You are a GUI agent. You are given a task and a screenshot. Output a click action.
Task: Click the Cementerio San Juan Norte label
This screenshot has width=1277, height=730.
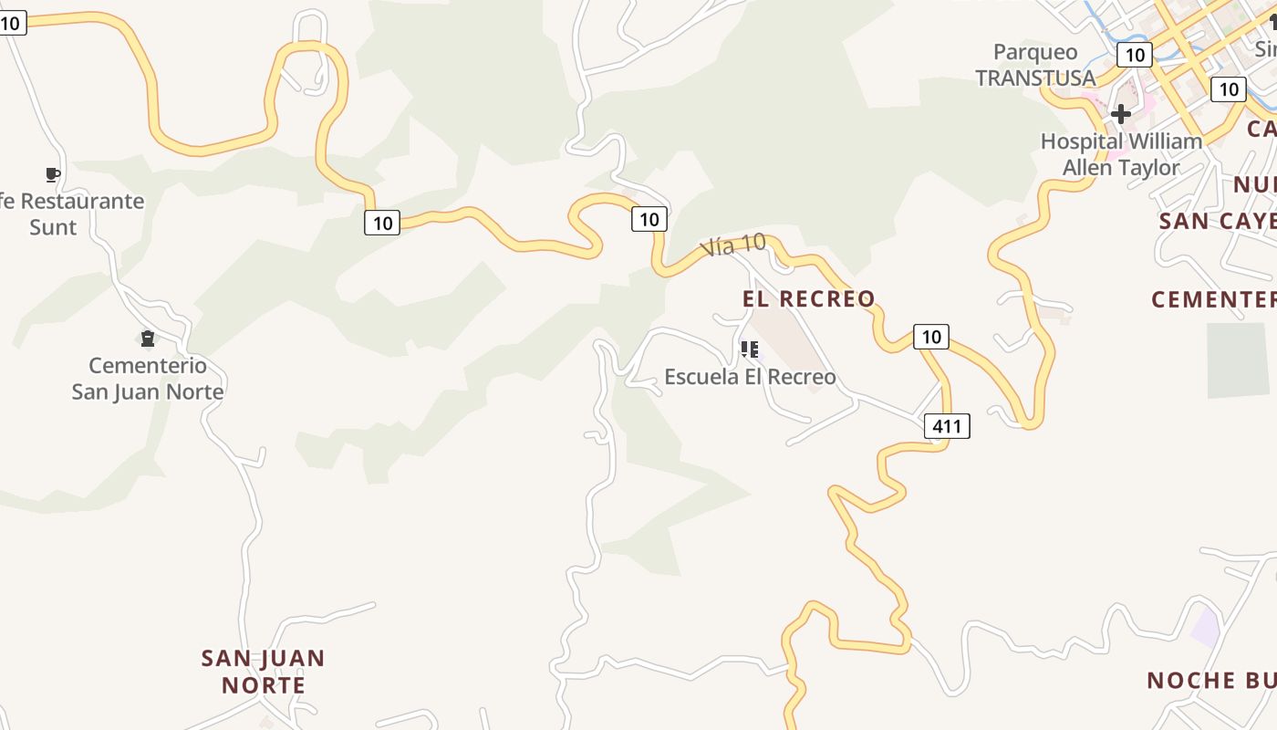[x=148, y=379]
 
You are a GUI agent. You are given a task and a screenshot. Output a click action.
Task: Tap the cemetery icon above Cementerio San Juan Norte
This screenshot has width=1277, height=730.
[x=148, y=339]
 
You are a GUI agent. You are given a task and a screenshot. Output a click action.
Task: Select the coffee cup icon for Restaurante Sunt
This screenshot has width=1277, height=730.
[x=53, y=174]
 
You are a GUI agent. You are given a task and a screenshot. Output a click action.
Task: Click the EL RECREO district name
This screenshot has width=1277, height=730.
[x=808, y=298]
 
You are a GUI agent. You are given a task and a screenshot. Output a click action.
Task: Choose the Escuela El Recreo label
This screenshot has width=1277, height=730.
[x=750, y=377]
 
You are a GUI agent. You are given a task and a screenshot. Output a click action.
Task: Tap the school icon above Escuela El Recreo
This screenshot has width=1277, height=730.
[x=750, y=349]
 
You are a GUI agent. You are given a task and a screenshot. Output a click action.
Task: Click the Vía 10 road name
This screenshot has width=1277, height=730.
[x=732, y=245]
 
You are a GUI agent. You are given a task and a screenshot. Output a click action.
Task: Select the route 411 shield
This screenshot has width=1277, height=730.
[x=947, y=425]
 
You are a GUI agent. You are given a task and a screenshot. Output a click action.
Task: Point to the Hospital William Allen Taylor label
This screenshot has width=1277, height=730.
[x=1121, y=154]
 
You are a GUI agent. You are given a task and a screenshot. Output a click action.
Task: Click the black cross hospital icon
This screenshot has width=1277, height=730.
[x=1121, y=114]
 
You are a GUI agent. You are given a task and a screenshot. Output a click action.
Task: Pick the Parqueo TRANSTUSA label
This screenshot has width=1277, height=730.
[x=1035, y=65]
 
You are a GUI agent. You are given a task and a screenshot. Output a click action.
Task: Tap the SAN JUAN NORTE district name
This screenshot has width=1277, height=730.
[x=264, y=671]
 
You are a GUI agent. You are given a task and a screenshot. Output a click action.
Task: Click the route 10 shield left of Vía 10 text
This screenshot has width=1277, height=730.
[x=649, y=219]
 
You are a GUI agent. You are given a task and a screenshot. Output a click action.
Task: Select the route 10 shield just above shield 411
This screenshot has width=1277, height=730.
[x=930, y=337]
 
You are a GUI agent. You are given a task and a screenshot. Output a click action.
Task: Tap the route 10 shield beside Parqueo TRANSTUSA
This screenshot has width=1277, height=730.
[x=1135, y=55]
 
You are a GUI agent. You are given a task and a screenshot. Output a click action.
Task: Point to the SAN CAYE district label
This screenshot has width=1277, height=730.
[x=1217, y=221]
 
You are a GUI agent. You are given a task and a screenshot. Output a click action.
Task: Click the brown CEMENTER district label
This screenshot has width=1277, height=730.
[x=1213, y=299]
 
